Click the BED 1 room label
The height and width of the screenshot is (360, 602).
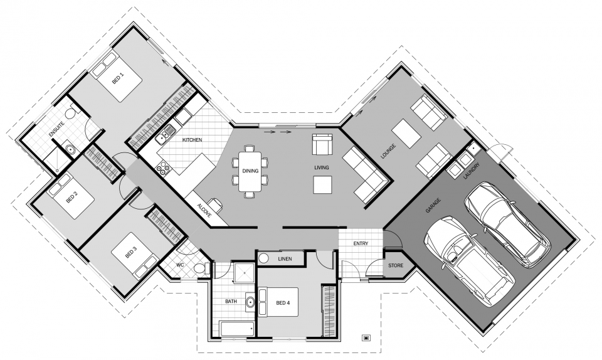coord(117,78)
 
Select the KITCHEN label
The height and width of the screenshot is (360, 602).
coord(192,140)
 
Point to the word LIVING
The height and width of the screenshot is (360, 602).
coord(322,167)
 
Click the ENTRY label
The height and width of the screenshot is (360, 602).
coord(361,243)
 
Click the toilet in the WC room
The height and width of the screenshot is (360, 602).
coord(200,268)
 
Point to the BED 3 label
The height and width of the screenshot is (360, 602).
coord(130,252)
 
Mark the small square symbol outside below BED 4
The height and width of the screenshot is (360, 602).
coord(366,337)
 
